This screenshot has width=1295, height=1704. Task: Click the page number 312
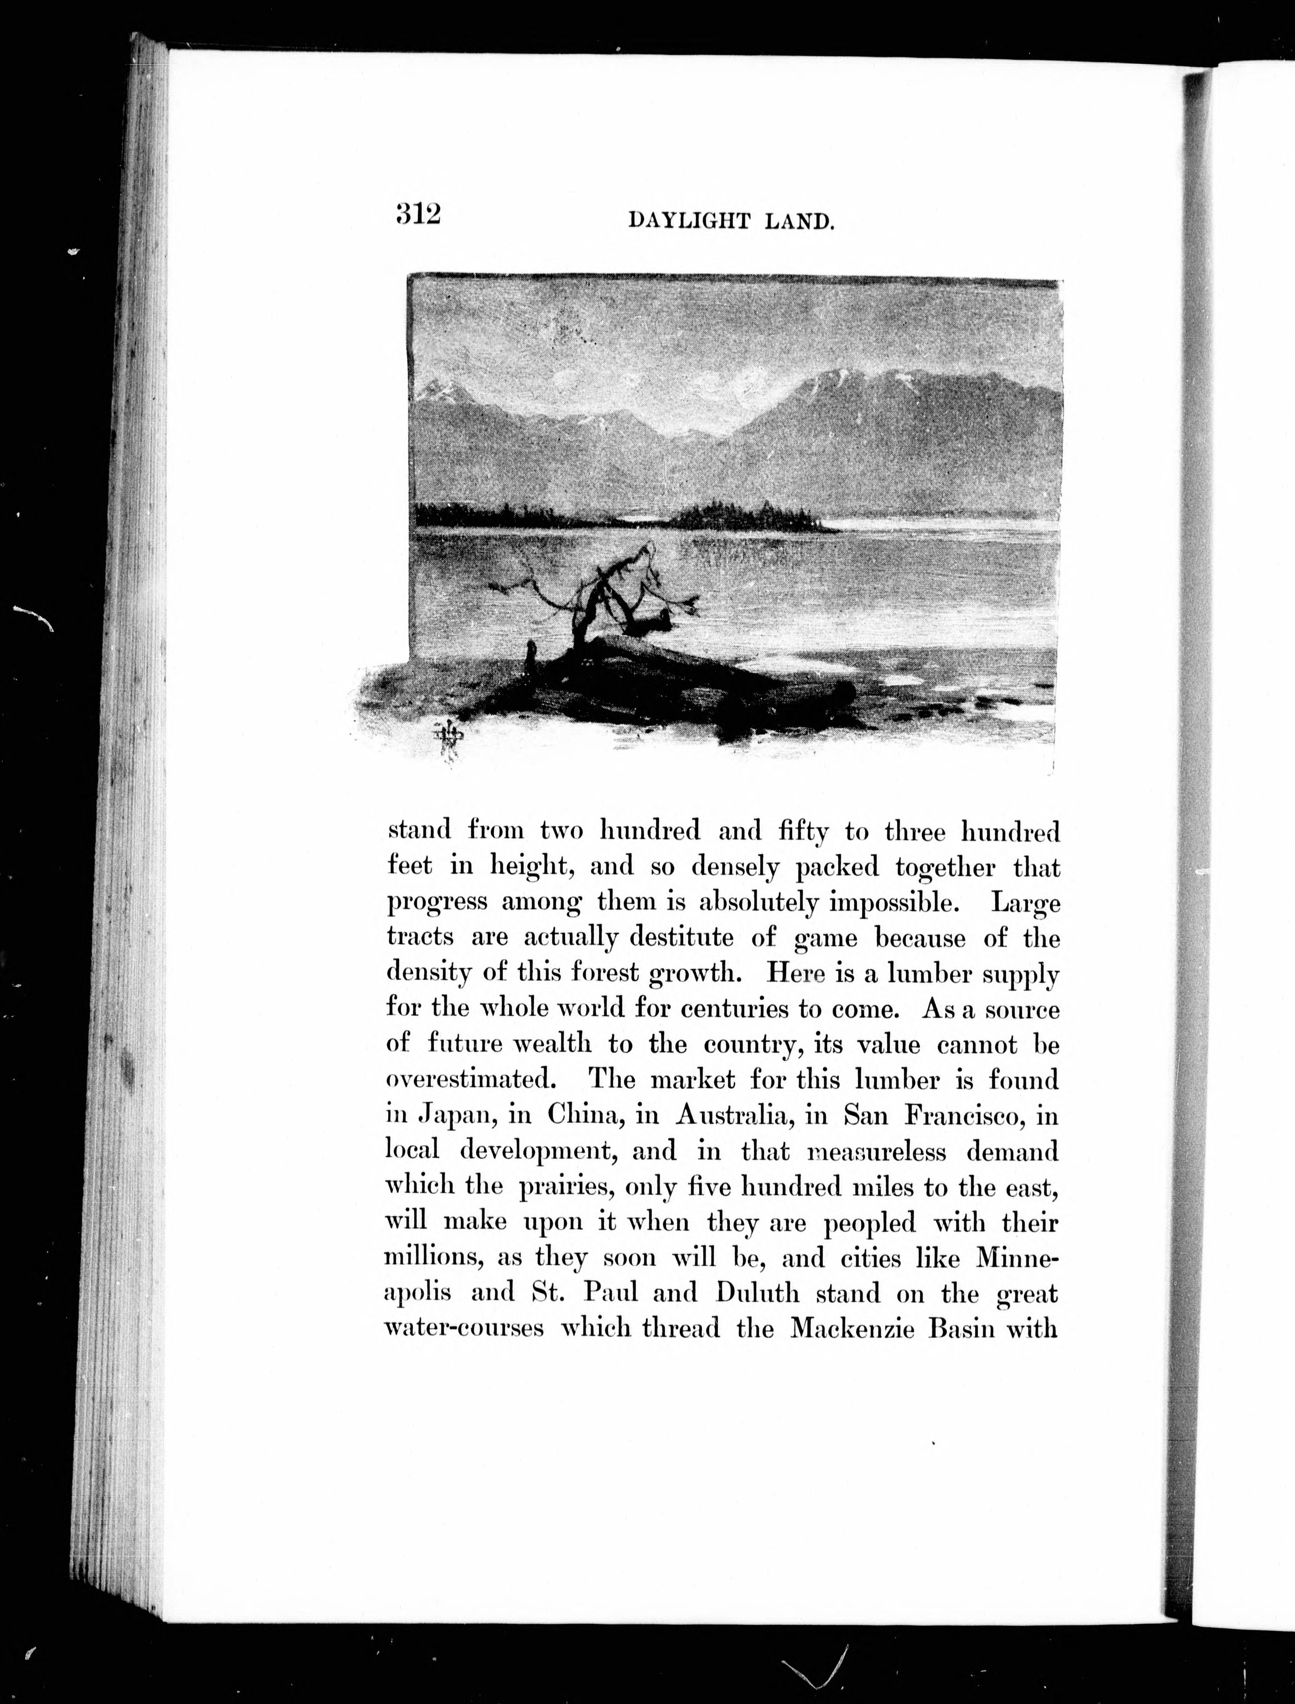tap(418, 213)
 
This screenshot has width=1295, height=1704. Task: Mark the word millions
tap(432, 1257)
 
